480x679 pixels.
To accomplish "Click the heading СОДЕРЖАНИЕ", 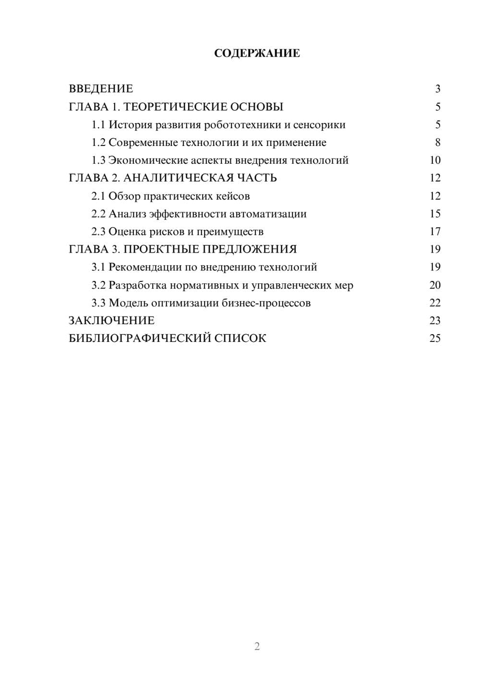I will pos(257,53).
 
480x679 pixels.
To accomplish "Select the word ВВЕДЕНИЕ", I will pos(101,89).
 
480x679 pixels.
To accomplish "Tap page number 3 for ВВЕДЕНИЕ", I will pos(437,89).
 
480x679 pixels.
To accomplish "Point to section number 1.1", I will pos(98,125).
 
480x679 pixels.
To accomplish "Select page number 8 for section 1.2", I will pos(437,143).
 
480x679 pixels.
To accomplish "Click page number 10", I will pos(435,160).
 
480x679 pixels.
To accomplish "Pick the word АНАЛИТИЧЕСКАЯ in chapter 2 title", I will pos(179,178).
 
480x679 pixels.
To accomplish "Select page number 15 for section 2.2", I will pos(435,214).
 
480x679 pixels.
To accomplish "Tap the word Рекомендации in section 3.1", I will pos(145,267).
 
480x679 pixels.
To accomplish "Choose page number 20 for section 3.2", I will pos(435,285).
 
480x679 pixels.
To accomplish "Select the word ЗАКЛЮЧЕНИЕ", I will pos(111,321).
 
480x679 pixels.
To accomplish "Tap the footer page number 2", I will pos(257,646).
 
